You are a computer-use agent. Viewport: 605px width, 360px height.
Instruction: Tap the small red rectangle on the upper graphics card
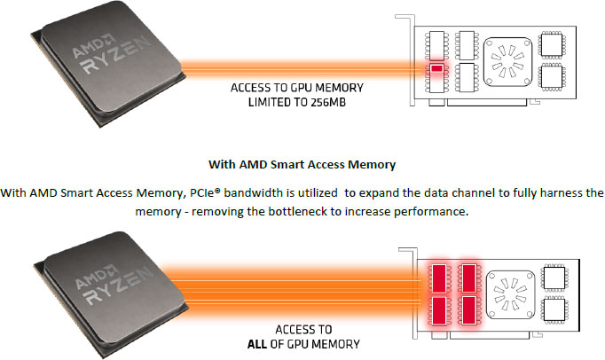pyautogui.click(x=436, y=68)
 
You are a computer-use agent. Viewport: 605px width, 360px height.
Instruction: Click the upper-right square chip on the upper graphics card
pyautogui.click(x=551, y=44)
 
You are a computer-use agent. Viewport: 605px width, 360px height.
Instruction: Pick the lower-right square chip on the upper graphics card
pyautogui.click(x=551, y=79)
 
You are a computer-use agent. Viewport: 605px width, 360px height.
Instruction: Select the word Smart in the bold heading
pyautogui.click(x=285, y=164)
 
